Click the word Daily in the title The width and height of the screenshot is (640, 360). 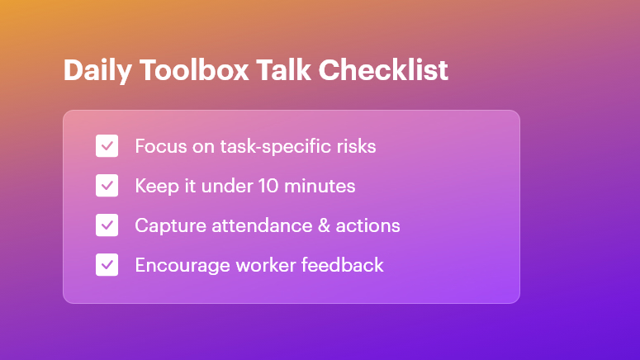click(94, 70)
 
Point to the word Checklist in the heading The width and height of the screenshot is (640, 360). click(383, 70)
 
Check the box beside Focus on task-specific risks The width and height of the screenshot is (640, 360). click(107, 146)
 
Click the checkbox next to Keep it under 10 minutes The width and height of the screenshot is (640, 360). click(107, 186)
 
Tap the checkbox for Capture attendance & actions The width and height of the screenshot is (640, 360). click(107, 225)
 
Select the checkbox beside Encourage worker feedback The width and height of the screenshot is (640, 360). click(107, 265)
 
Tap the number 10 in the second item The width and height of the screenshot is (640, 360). click(264, 186)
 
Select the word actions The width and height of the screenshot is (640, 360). click(371, 225)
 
